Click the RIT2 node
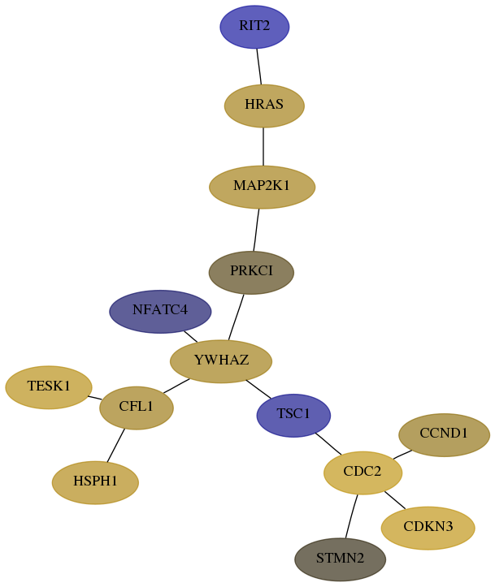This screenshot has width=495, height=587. pos(254,27)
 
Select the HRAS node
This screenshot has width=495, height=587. pos(264,106)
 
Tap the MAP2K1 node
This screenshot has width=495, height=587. pos(262,187)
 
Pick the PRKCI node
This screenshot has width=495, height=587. pos(251,273)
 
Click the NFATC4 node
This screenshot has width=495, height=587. pos(160,312)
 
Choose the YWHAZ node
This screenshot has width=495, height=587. pos(221,361)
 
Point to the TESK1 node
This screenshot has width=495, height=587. pos(48,387)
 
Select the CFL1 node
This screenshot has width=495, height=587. pos(137,408)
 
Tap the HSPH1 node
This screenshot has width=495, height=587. pos(95,482)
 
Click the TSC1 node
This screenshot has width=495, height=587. pos(293,415)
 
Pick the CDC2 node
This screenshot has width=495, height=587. pos(363,473)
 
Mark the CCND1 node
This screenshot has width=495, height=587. pos(444,434)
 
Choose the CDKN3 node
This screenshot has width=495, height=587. pos(428,528)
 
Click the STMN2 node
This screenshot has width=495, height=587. pos(340,559)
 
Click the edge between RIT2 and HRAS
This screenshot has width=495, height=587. pos(259,67)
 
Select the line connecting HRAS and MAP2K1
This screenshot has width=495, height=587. pos(263,146)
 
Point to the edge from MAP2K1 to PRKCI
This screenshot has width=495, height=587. pos(256,230)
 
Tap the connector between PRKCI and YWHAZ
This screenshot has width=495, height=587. pos(236,317)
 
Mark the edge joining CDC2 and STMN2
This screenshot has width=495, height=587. pos(351,516)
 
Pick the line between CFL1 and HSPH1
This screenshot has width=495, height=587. pos(115,445)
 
